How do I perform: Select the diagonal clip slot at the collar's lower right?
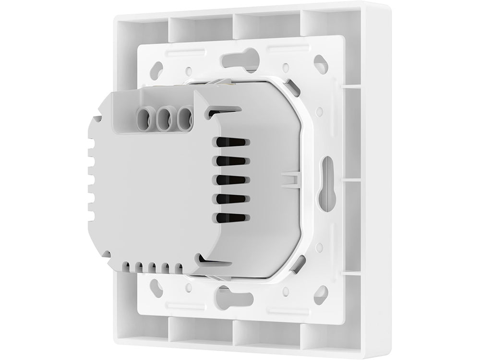point(297,262)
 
